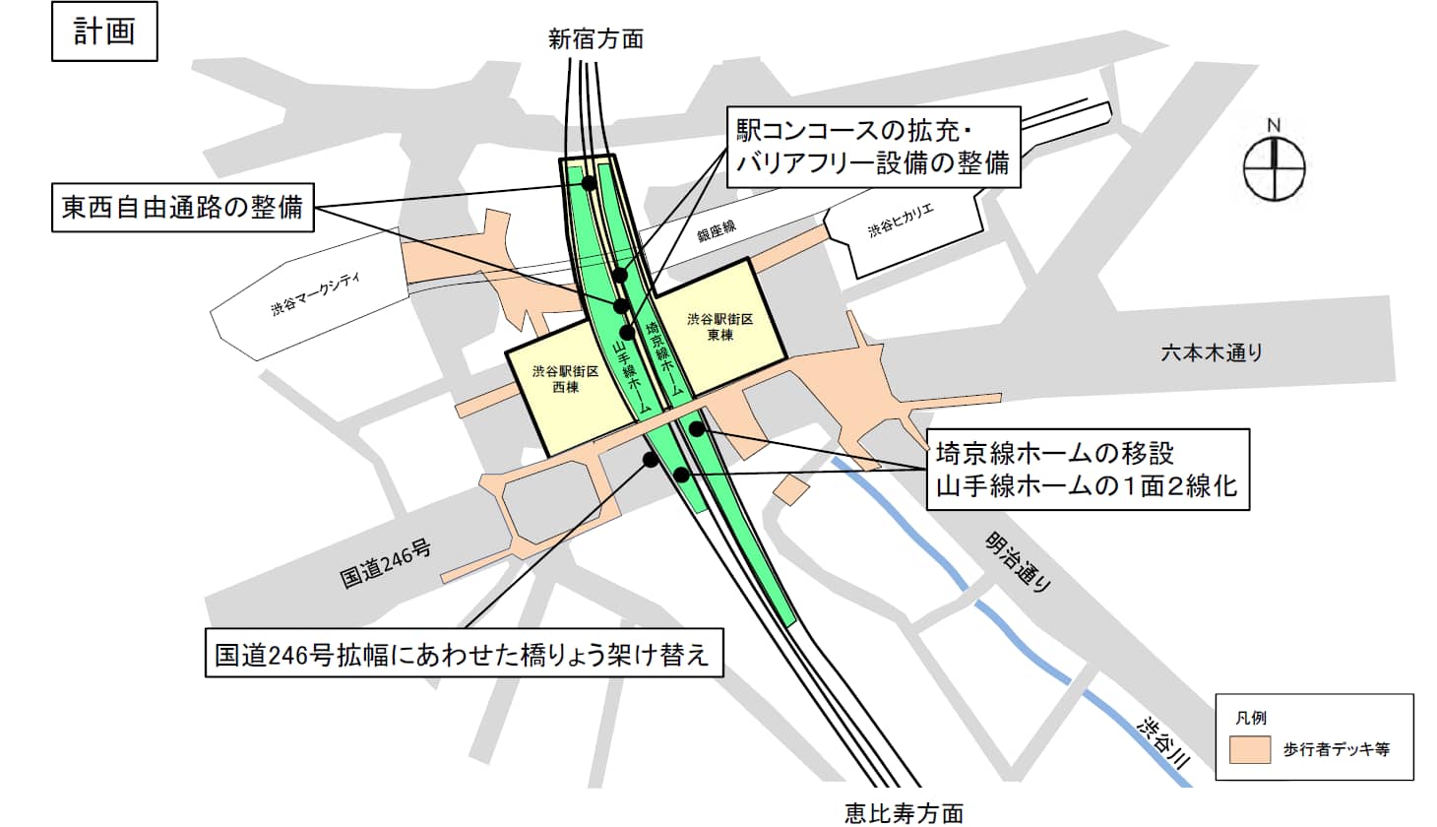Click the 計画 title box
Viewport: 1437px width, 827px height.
[x=104, y=32]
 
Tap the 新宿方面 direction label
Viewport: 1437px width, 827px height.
[x=595, y=39]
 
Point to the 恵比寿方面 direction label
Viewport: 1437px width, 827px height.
[x=904, y=812]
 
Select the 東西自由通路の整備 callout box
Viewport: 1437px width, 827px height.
[x=182, y=208]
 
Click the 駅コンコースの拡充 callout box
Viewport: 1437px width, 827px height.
[x=873, y=147]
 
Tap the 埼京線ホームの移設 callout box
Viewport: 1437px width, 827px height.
[x=1087, y=469]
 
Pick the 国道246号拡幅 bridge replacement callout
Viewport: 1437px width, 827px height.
[x=464, y=653]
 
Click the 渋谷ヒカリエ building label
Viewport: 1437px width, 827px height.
[x=901, y=221]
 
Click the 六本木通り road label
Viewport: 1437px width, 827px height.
[x=1212, y=351]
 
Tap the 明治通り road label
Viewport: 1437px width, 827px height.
[x=1020, y=561]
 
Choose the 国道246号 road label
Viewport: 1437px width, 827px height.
[x=386, y=563]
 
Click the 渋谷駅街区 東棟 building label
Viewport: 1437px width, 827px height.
[x=720, y=327]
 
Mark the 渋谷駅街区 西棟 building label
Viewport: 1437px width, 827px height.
[x=565, y=379]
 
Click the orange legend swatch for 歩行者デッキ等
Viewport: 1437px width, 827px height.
[x=1250, y=749]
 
